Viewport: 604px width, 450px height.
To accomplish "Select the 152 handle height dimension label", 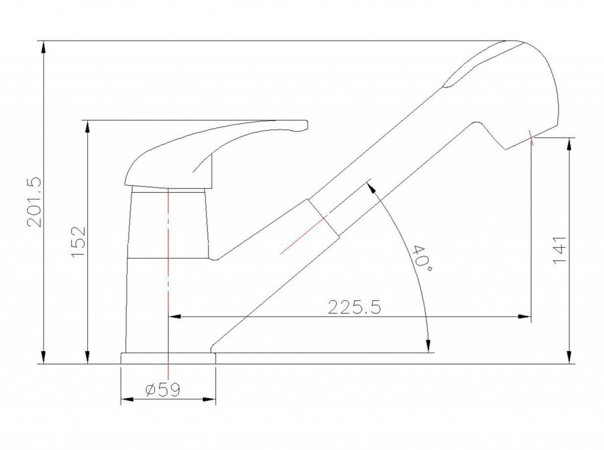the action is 78,242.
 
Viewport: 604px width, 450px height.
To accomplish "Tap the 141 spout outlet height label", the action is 560,250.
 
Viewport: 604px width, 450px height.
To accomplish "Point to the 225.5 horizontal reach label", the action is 354,307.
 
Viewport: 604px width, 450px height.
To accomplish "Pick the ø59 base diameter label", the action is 163,390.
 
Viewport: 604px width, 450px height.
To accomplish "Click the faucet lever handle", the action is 216,154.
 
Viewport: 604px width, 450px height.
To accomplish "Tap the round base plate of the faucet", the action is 168,358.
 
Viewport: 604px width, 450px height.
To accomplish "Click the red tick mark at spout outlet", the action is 531,138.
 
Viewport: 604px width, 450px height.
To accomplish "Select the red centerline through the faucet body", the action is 168,283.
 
